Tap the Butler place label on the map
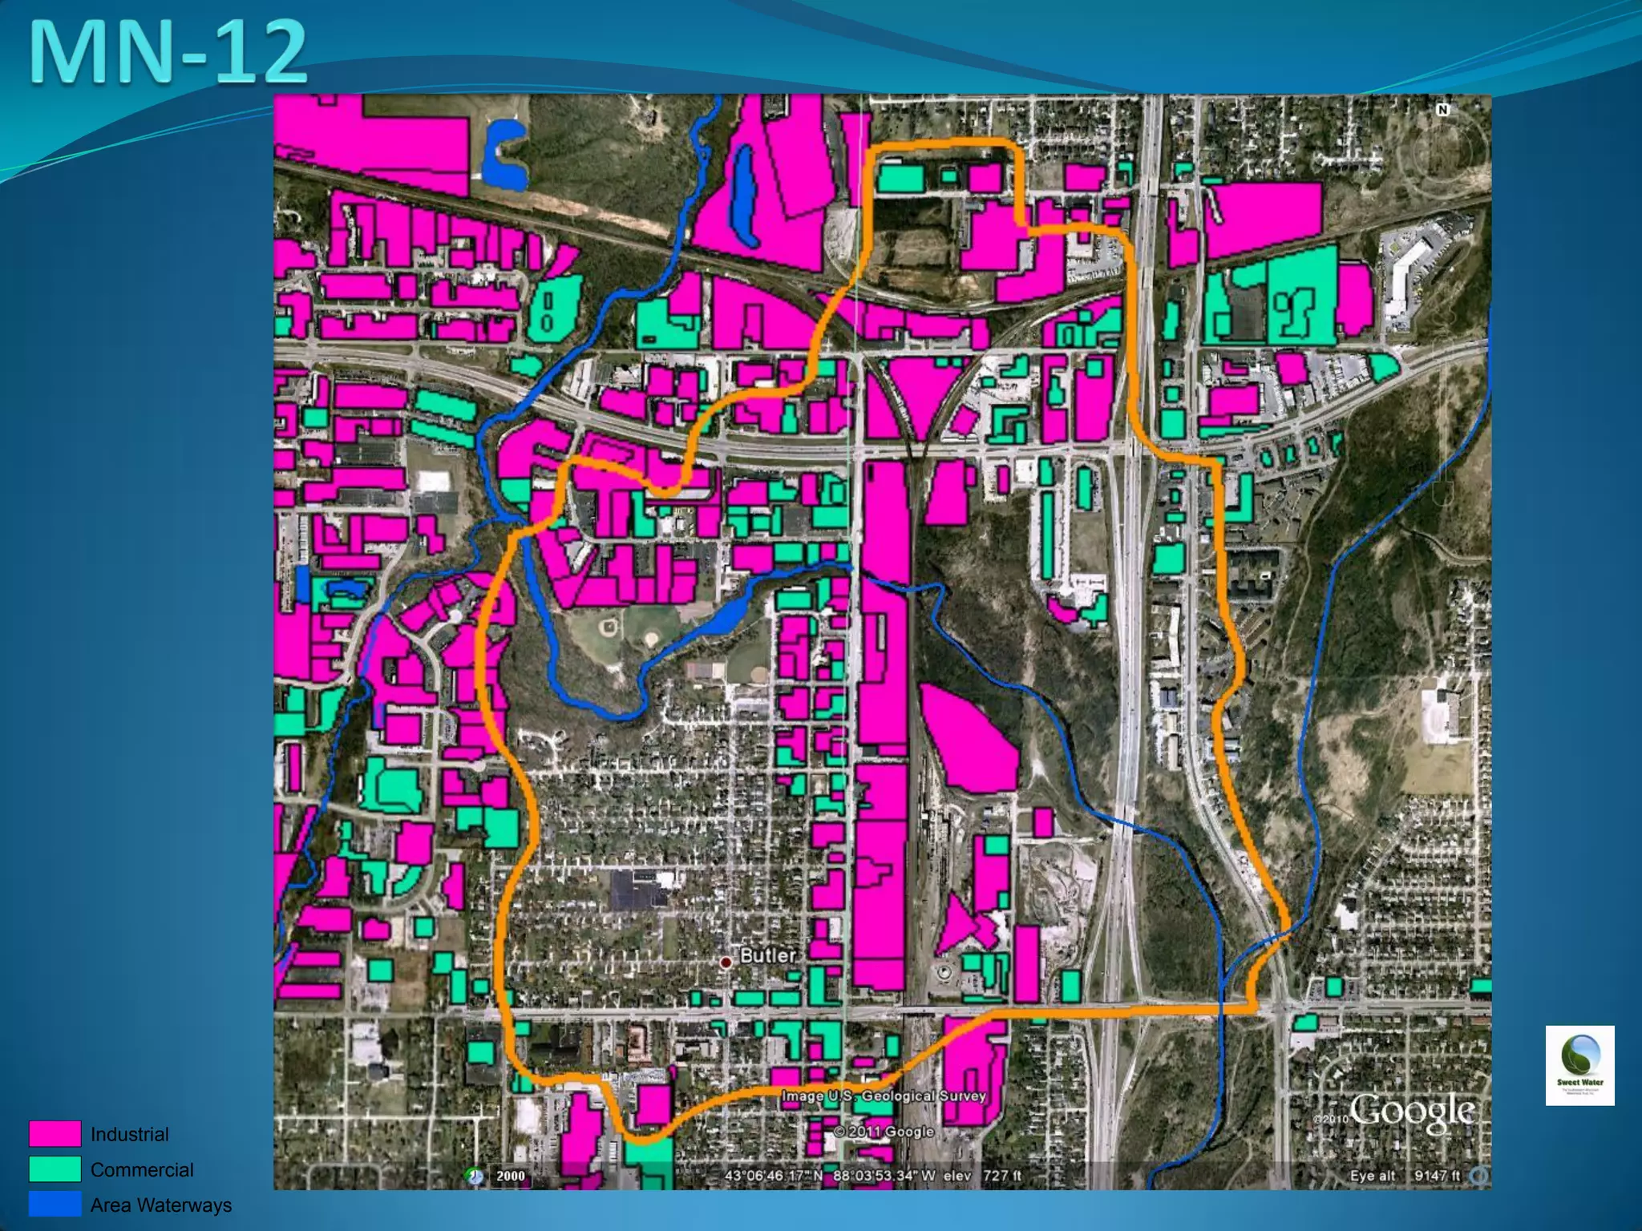[x=767, y=955]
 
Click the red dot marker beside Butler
[x=726, y=962]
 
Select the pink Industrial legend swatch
[x=55, y=1134]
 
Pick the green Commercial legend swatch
[x=55, y=1169]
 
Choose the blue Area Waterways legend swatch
[x=55, y=1204]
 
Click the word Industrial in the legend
[x=130, y=1134]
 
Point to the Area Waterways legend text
[x=161, y=1205]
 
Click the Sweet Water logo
[x=1579, y=1065]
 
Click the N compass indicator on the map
[x=1443, y=110]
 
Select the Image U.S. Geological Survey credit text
[x=884, y=1096]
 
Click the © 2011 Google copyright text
[x=884, y=1132]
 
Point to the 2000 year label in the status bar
[x=510, y=1176]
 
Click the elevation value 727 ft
[x=1002, y=1176]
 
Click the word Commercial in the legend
[x=142, y=1169]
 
